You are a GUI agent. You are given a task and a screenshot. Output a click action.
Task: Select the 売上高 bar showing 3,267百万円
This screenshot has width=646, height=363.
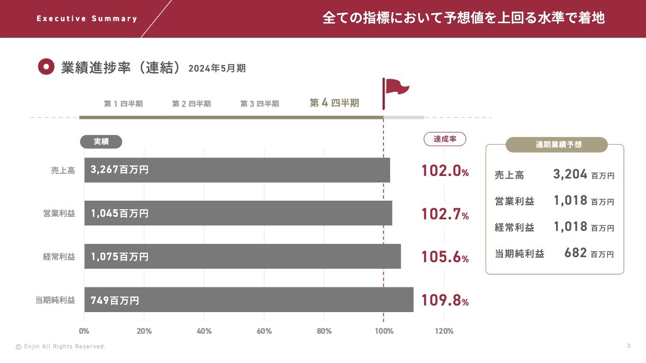coord(237,170)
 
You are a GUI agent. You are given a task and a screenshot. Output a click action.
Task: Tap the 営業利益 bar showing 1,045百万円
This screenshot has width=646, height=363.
coord(238,213)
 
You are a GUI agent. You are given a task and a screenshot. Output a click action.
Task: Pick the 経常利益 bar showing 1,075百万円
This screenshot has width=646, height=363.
coord(242,257)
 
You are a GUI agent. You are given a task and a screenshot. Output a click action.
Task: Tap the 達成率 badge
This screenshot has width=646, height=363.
coord(445,139)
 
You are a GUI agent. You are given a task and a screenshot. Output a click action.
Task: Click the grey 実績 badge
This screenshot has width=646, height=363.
coord(101,142)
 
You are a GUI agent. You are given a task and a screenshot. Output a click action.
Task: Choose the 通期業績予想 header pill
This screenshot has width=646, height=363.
coord(557,145)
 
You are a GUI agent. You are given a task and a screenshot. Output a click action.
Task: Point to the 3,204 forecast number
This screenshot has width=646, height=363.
coord(570,174)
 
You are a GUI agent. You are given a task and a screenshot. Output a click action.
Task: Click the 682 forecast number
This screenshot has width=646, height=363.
coord(576,253)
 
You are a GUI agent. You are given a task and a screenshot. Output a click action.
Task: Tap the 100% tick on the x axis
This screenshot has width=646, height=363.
coord(384,331)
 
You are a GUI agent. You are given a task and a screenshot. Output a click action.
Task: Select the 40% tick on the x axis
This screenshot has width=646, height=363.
coord(204,331)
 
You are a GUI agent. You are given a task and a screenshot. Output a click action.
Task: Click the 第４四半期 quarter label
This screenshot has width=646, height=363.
coord(334,103)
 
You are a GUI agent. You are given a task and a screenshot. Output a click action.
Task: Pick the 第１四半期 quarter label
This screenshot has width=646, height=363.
coord(123,104)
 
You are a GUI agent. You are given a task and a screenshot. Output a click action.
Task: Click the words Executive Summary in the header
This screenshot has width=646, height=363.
coord(87,19)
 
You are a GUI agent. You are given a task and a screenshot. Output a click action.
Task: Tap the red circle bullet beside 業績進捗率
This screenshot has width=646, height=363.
coord(46,67)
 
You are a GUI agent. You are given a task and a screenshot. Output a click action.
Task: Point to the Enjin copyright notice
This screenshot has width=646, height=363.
coord(61,347)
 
